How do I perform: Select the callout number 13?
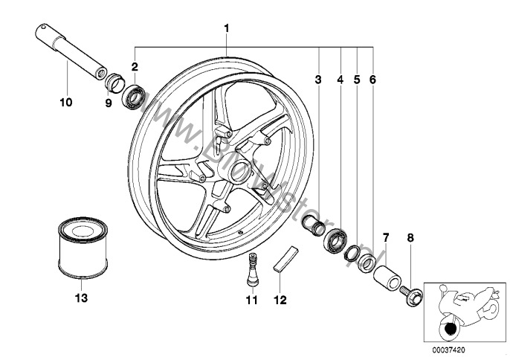click(x=81, y=298)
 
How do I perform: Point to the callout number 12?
click(x=280, y=300)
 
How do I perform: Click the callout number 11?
click(x=251, y=300)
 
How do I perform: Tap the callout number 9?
click(x=108, y=103)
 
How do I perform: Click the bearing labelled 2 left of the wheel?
click(x=135, y=97)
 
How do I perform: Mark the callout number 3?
click(x=318, y=77)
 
